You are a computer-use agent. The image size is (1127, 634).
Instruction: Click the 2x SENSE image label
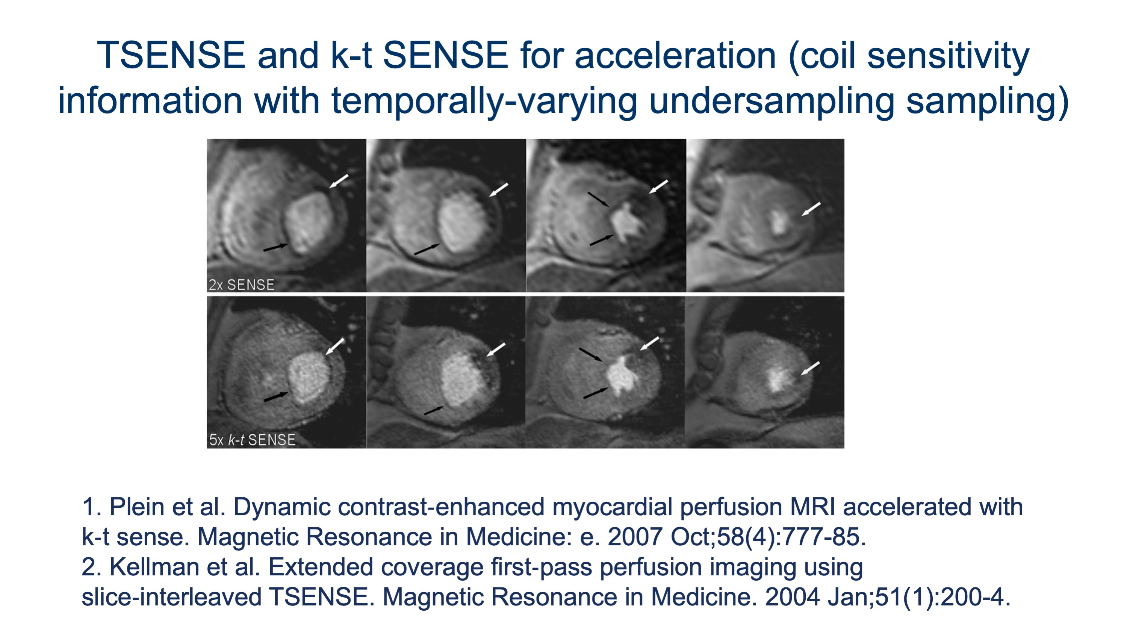click(242, 285)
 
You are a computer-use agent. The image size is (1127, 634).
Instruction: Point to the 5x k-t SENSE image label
click(252, 440)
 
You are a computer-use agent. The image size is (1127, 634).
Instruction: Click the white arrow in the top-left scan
click(339, 181)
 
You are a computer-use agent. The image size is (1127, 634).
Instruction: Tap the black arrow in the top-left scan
click(275, 248)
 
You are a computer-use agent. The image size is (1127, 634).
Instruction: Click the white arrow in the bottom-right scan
click(810, 368)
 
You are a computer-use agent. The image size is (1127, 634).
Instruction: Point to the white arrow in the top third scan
click(658, 186)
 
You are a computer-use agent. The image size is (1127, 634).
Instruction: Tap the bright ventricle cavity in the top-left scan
click(306, 223)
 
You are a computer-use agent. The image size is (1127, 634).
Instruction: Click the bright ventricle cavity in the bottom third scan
click(621, 376)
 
